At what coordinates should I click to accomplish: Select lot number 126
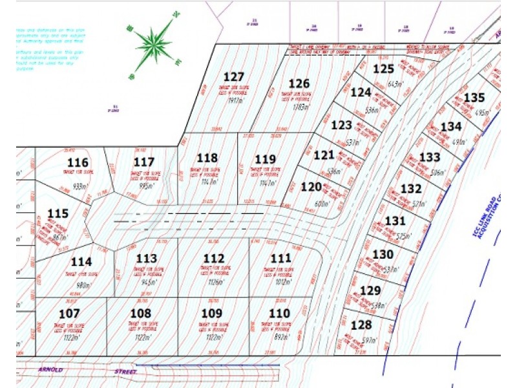[299, 83]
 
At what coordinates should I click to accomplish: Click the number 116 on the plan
[78, 162]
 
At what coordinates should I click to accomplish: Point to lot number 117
[144, 162]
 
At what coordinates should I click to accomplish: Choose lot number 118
[207, 158]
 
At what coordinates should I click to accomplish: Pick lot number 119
[266, 159]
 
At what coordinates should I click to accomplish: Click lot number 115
[58, 213]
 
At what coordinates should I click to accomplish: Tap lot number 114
[81, 262]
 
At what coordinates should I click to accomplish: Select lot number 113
[147, 259]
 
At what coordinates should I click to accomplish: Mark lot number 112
[213, 258]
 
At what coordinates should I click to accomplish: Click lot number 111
[280, 258]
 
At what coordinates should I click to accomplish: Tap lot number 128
[362, 325]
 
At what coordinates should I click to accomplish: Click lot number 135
[474, 98]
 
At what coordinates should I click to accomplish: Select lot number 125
[384, 69]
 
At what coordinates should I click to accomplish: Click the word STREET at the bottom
[123, 372]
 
